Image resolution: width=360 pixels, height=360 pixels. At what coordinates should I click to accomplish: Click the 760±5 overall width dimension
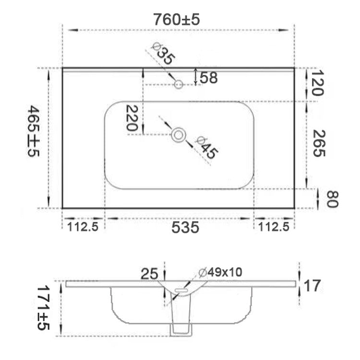pos(177,20)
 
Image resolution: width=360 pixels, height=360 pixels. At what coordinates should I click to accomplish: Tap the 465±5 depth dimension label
pos(34,131)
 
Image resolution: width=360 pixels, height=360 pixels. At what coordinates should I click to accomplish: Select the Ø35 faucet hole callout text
pos(164,54)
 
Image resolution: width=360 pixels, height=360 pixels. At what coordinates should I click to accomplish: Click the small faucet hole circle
pos(179,84)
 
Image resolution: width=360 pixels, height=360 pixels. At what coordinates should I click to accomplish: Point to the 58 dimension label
pos(208,78)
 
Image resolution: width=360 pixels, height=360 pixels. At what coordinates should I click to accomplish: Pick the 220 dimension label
pos(132,118)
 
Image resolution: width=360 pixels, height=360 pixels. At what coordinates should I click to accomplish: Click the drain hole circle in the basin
pos(179,135)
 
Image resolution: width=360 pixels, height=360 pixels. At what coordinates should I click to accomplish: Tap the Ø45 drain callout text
pos(206,148)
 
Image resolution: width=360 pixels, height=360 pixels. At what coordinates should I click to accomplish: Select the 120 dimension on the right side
pos(318,83)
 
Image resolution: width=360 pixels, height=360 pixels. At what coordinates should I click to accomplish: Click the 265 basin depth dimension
pos(319,143)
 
